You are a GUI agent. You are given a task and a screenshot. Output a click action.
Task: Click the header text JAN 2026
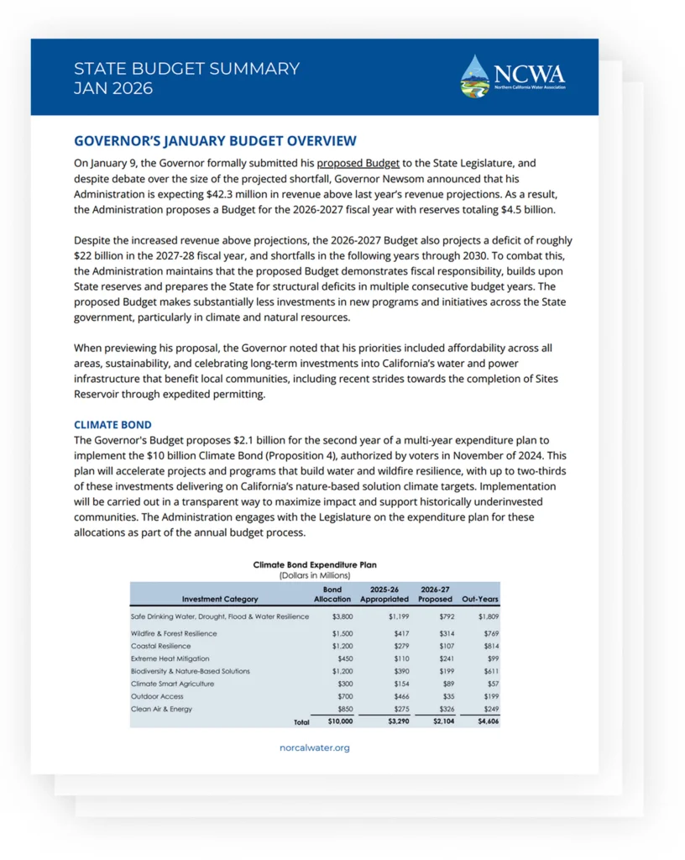click(x=113, y=88)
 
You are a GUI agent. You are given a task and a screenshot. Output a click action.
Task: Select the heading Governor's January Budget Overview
click(x=215, y=141)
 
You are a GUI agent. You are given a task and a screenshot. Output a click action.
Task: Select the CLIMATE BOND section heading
click(x=112, y=425)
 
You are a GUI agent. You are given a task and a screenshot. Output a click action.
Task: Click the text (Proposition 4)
click(x=319, y=456)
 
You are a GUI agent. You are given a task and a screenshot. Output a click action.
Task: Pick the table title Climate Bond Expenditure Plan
click(x=315, y=565)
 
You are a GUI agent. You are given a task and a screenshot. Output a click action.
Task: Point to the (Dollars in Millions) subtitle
click(x=315, y=575)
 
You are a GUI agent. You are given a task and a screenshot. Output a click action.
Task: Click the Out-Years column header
click(x=480, y=599)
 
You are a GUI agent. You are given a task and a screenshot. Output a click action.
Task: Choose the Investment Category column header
click(x=220, y=599)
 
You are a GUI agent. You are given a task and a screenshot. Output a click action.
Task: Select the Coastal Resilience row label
click(x=160, y=646)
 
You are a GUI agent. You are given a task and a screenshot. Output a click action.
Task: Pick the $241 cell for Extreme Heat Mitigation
click(x=445, y=658)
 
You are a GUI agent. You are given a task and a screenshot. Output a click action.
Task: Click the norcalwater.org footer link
click(x=315, y=747)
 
